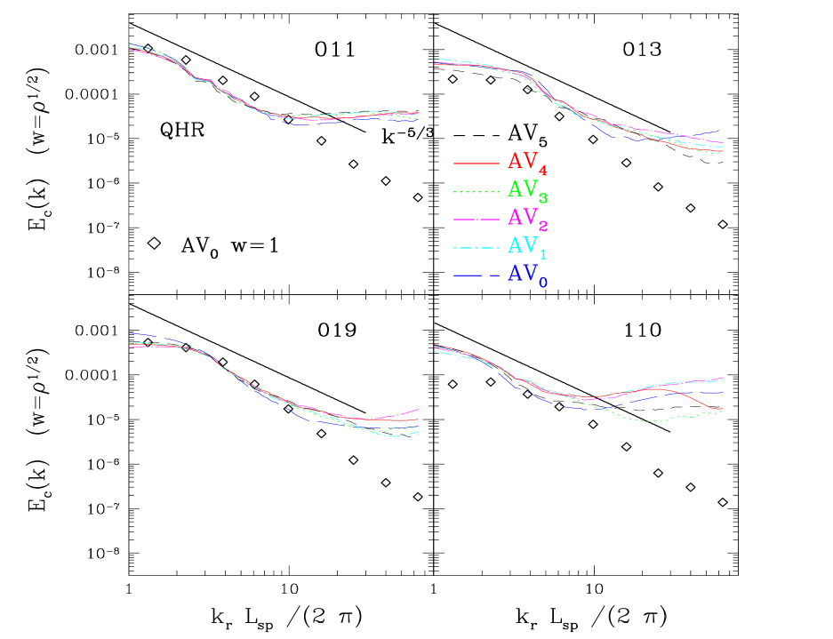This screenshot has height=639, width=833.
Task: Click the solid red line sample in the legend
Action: coord(476,164)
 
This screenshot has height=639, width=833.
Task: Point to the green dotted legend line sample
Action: coord(476,191)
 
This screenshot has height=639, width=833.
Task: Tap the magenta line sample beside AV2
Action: coord(476,219)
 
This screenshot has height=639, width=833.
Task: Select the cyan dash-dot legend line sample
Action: coord(476,247)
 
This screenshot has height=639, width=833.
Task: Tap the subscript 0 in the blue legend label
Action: coord(543,282)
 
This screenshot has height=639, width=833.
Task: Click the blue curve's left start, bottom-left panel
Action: coord(131,333)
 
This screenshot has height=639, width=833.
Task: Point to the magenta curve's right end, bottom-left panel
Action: coord(418,410)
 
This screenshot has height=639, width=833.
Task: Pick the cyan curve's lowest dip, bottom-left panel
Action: coord(395,436)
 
